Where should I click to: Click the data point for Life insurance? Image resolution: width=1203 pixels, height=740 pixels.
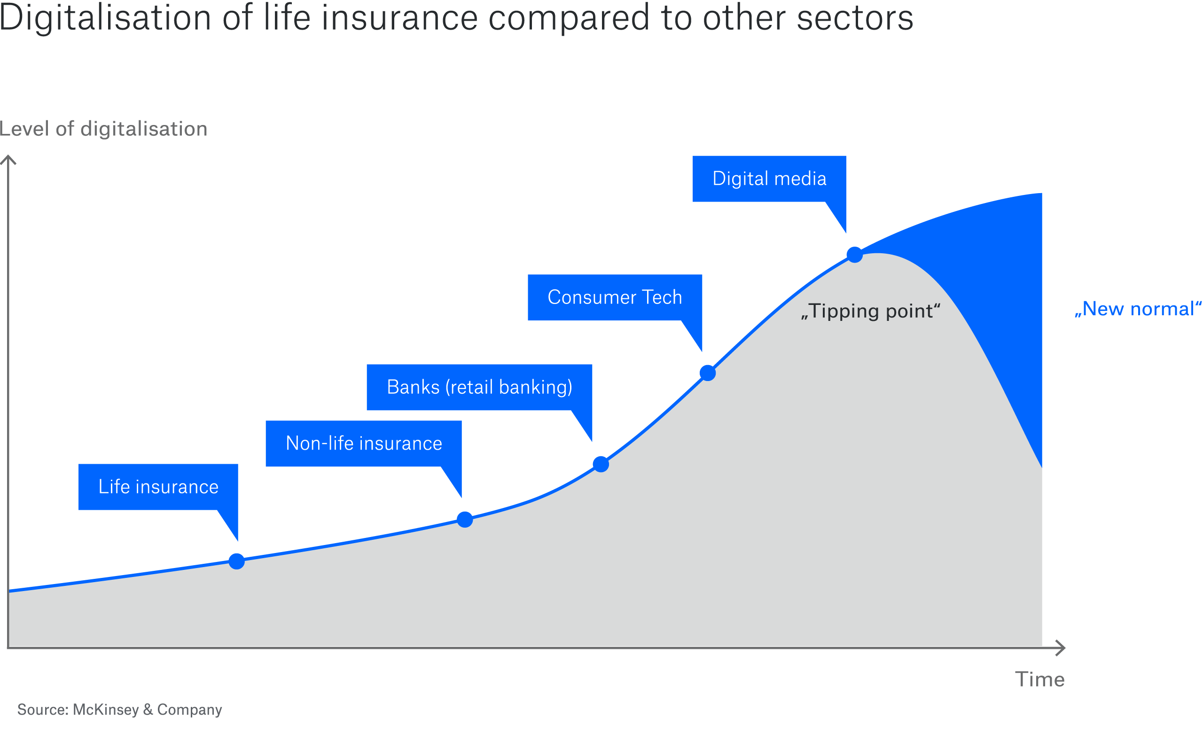[236, 561]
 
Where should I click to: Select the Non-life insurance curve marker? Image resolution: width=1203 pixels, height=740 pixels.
[464, 519]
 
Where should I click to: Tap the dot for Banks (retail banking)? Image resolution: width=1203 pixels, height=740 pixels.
[601, 464]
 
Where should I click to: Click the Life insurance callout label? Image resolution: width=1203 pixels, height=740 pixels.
[158, 487]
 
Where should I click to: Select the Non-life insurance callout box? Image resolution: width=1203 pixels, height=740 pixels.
[364, 444]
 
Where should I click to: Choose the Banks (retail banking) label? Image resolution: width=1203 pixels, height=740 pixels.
[479, 387]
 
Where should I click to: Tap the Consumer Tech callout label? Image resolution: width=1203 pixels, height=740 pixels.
[615, 297]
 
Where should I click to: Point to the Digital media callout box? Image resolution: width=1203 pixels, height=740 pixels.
[769, 179]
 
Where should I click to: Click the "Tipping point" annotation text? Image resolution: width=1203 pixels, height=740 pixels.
[870, 311]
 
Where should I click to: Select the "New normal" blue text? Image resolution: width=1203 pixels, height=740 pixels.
[1138, 309]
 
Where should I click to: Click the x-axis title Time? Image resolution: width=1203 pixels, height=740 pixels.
[1039, 680]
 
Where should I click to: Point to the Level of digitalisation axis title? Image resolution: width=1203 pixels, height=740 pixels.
[103, 129]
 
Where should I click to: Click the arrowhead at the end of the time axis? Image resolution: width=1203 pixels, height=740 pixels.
[1061, 648]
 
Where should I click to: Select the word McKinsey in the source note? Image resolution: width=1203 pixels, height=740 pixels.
[106, 709]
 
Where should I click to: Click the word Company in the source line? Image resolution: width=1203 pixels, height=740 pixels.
[189, 710]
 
